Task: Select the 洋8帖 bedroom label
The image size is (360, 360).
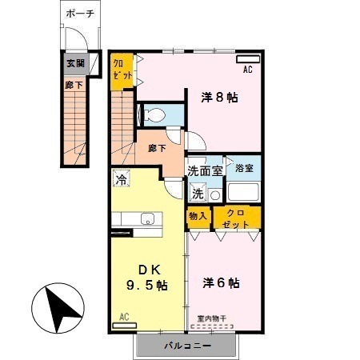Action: tap(218, 98)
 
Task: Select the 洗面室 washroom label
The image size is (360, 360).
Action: tap(204, 170)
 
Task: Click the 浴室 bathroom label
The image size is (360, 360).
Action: tap(244, 168)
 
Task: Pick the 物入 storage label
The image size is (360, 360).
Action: tap(198, 215)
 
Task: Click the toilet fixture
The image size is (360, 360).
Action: tap(156, 115)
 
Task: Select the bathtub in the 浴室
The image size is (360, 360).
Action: tap(242, 192)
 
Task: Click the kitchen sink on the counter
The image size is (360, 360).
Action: tap(148, 218)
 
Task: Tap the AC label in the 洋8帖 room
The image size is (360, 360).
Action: tap(247, 69)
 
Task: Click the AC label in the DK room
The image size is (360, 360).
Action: tap(124, 316)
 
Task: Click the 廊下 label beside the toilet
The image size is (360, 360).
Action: tap(157, 148)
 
